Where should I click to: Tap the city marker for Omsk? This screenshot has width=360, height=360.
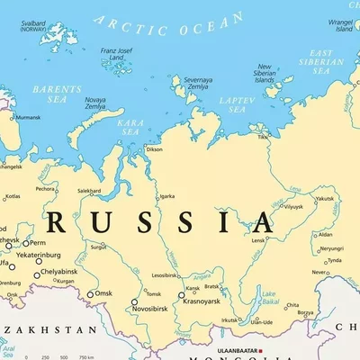point(90,293)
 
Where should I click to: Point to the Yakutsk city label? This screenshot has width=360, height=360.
point(324,199)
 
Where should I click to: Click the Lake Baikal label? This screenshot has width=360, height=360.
point(269,296)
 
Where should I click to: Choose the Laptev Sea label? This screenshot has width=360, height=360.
point(237,104)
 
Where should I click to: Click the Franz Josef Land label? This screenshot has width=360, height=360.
point(118,56)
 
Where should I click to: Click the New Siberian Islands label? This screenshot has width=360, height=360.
point(265,74)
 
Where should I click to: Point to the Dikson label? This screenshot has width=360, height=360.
point(154,149)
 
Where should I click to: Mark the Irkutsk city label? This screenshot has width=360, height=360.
point(231,320)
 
